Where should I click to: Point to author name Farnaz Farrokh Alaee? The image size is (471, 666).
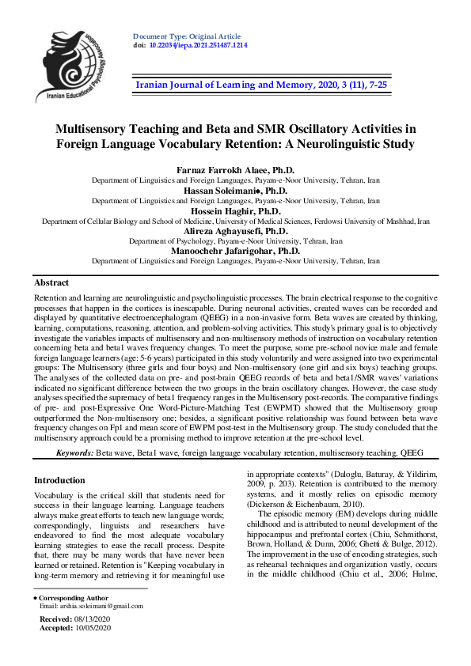pos(234,170)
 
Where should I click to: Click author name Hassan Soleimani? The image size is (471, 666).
pos(234,191)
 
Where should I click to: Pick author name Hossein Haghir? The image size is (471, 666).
pos(234,212)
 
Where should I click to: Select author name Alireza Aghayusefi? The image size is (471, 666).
pos(234,230)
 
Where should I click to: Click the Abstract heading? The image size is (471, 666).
pos(51,282)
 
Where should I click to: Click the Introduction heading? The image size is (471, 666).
pos(60,480)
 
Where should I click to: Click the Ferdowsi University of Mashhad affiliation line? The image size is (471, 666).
pos(235,221)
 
